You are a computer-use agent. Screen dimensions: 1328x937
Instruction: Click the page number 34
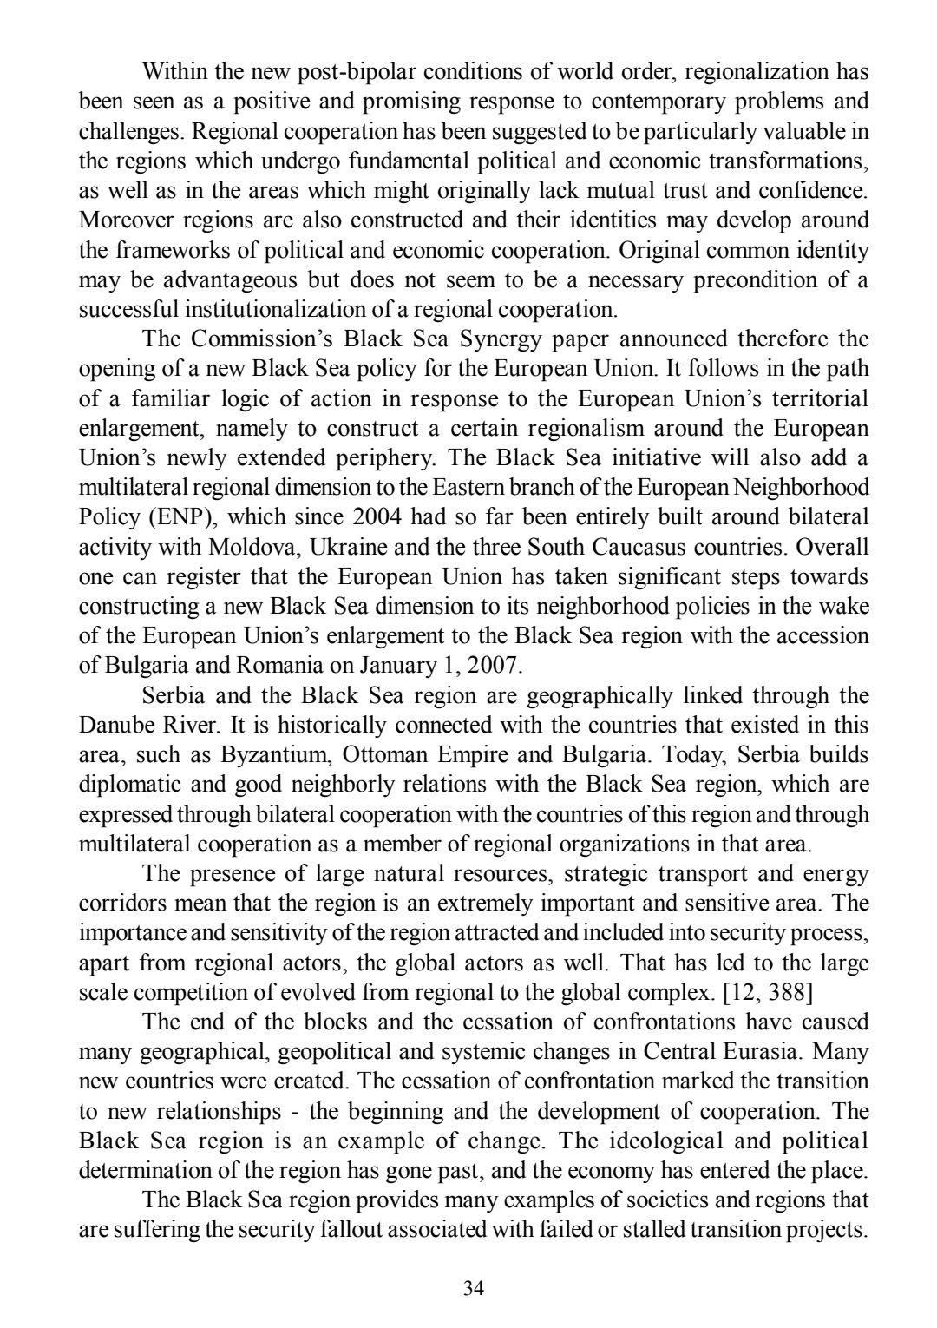(x=473, y=1288)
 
